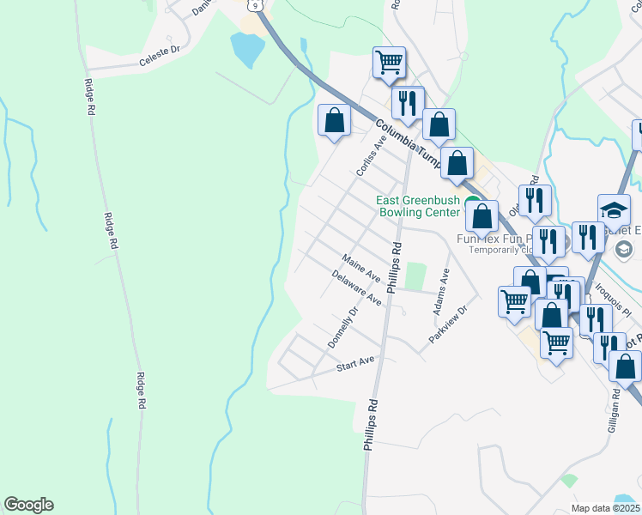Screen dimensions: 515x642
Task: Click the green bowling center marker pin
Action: (x=473, y=203)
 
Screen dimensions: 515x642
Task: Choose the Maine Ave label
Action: (x=360, y=268)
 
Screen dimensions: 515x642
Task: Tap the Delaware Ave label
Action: (x=356, y=288)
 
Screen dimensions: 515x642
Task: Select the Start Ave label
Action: (x=355, y=365)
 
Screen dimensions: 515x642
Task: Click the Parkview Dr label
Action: (x=447, y=325)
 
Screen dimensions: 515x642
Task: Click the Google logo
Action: (x=28, y=505)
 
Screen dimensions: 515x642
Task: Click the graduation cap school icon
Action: (x=614, y=210)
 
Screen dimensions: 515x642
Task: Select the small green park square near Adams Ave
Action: (x=415, y=276)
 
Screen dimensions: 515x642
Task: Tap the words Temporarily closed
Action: (x=502, y=251)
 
